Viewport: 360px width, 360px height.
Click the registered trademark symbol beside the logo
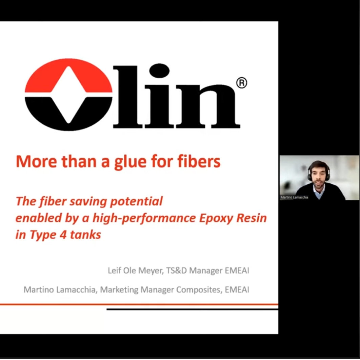[x=241, y=82]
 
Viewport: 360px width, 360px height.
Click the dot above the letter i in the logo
[x=159, y=71]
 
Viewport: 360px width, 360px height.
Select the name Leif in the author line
[x=114, y=271]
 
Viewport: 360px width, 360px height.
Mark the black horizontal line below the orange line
[x=192, y=309]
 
